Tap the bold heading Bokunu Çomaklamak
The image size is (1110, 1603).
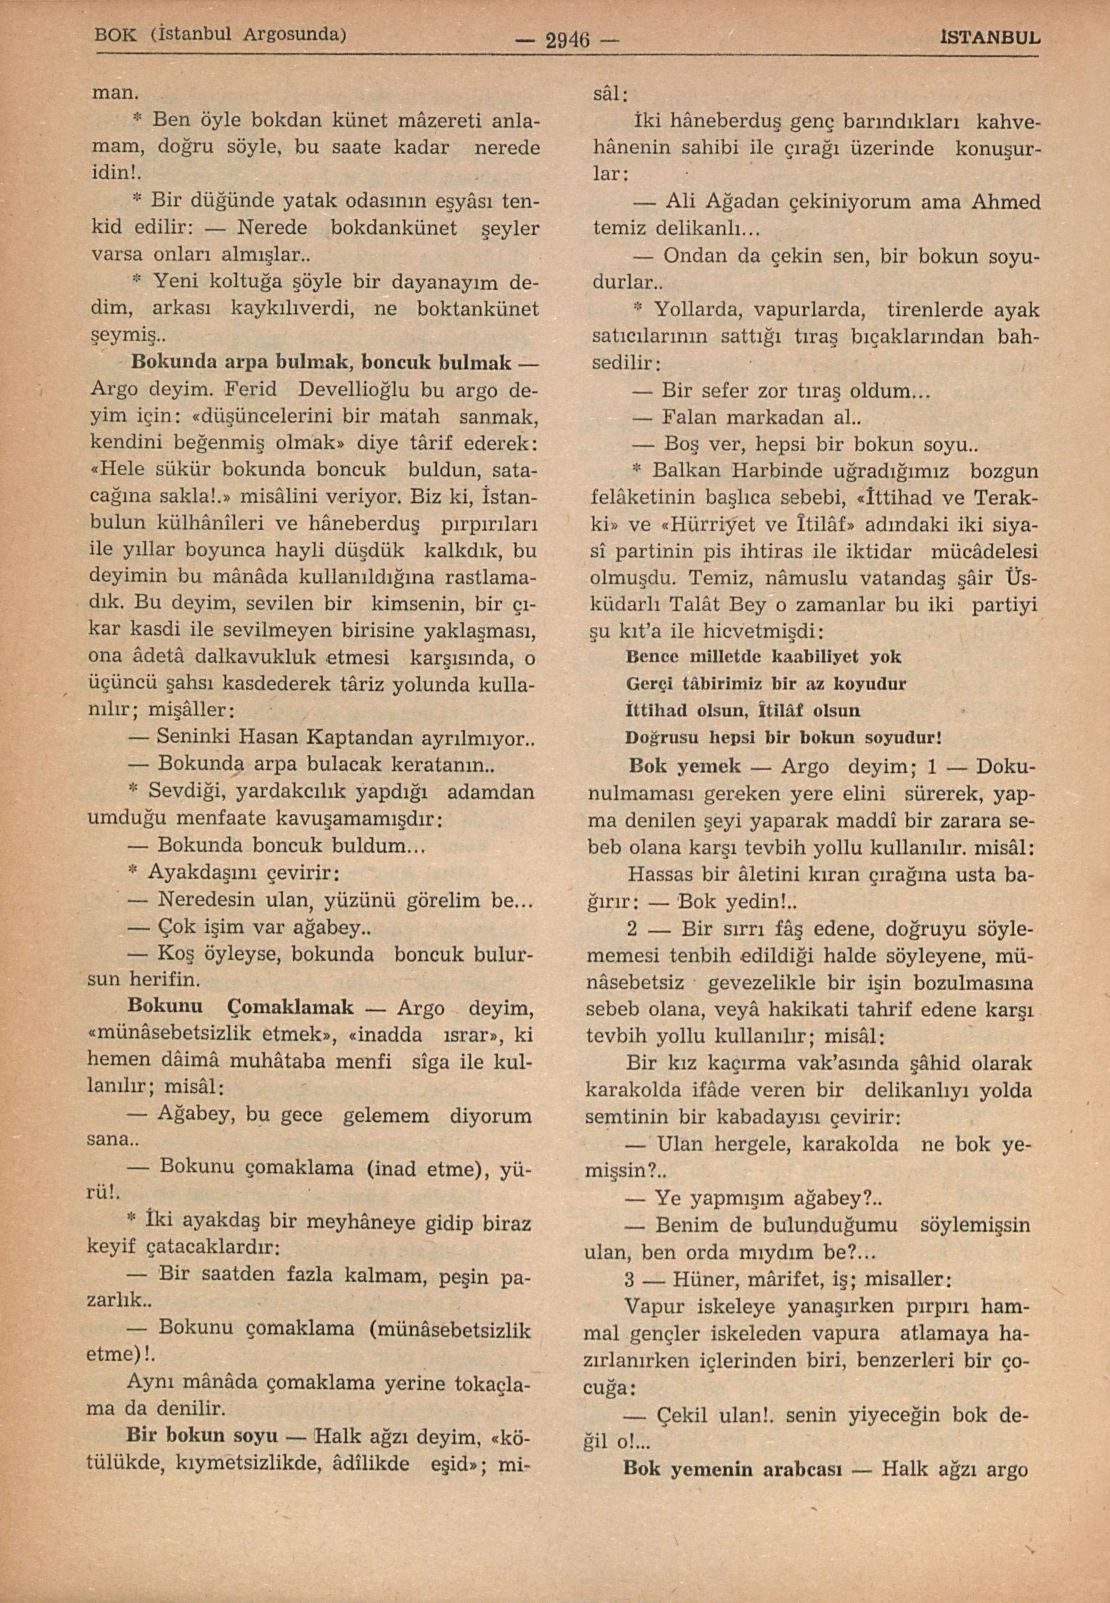pyautogui.click(x=240, y=1006)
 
